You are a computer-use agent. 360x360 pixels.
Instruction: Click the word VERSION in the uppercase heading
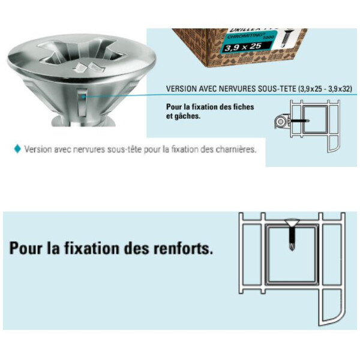pyautogui.click(x=182, y=89)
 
